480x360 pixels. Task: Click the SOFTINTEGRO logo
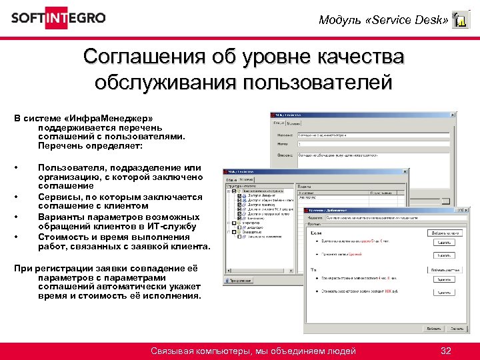tap(58, 18)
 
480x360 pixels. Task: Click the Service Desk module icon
tap(459, 21)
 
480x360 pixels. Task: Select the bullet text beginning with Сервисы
tap(120, 197)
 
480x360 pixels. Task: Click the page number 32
tap(446, 351)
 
